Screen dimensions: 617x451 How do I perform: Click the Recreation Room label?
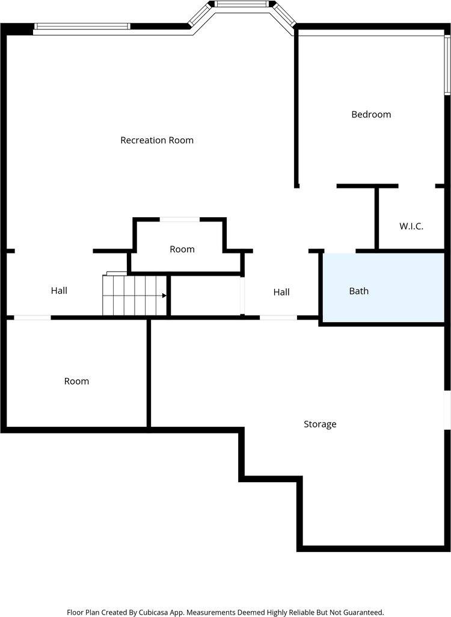pos(157,140)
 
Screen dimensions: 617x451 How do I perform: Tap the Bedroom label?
pos(371,114)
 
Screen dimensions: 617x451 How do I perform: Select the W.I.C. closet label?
pos(411,226)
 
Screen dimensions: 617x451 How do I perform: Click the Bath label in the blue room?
pos(359,291)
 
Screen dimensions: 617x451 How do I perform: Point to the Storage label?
pos(320,424)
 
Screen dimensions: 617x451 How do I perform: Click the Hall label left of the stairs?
pos(59,291)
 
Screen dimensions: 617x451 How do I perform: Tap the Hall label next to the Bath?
pos(281,292)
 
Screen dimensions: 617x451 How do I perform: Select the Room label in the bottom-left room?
pos(76,381)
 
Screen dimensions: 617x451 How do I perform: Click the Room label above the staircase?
pos(182,249)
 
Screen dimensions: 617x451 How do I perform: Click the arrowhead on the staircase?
pos(164,296)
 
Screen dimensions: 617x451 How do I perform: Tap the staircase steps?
pos(133,296)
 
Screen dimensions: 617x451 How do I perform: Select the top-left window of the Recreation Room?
pos(82,26)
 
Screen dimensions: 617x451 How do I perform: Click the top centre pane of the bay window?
pos(242,5)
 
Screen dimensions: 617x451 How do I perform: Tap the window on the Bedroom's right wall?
pos(447,65)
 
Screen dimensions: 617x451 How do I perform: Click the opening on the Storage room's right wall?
pos(447,410)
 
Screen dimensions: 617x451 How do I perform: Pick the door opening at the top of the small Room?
pos(180,220)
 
